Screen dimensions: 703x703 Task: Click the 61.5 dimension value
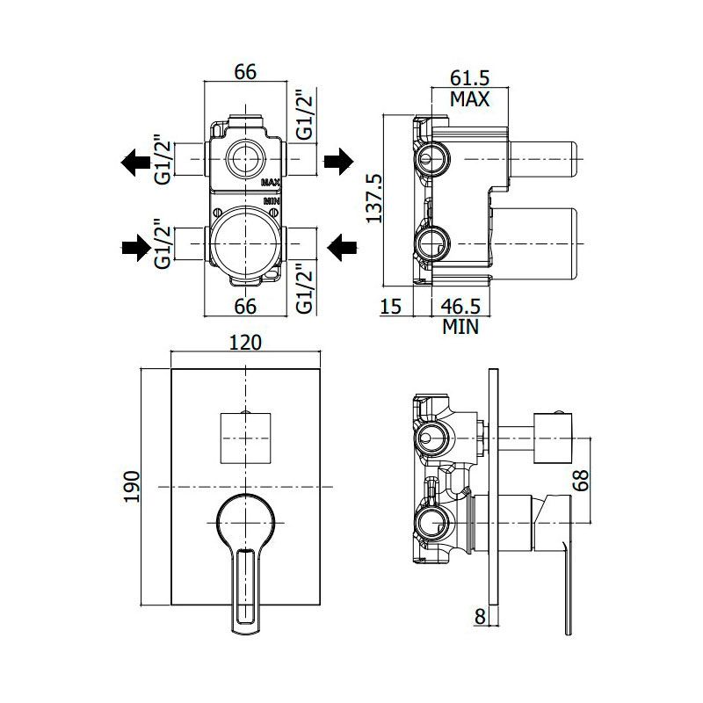coord(469,78)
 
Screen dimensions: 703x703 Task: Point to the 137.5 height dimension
coord(373,199)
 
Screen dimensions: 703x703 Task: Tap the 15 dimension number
coord(390,306)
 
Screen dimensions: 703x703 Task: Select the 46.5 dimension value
coord(460,306)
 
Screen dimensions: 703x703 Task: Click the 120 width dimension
coord(245,343)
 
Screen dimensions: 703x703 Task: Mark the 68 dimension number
coord(581,480)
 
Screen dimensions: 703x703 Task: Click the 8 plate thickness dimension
coord(480,617)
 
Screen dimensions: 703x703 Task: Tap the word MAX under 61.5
coord(470,99)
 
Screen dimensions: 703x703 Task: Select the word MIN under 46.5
coord(460,327)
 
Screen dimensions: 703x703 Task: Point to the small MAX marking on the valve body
coord(271,182)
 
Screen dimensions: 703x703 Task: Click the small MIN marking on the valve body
coord(272,201)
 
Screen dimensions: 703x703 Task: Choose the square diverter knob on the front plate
coord(246,438)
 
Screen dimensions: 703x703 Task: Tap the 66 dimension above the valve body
coord(245,72)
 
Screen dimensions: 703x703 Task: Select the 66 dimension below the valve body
coord(245,307)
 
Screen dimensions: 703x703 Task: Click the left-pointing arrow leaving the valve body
coord(136,162)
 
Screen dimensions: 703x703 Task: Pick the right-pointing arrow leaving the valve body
coord(338,161)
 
